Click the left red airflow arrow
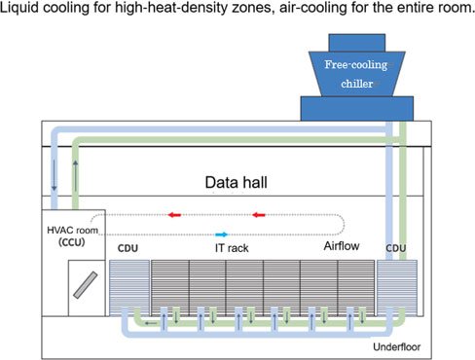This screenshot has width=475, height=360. click(x=176, y=215)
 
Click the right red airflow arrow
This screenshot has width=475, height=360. click(x=260, y=215)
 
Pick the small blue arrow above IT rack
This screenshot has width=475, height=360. click(x=222, y=234)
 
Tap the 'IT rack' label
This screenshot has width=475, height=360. click(x=232, y=248)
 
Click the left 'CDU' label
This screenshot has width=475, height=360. click(x=128, y=248)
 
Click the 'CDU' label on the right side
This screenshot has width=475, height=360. click(x=395, y=248)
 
